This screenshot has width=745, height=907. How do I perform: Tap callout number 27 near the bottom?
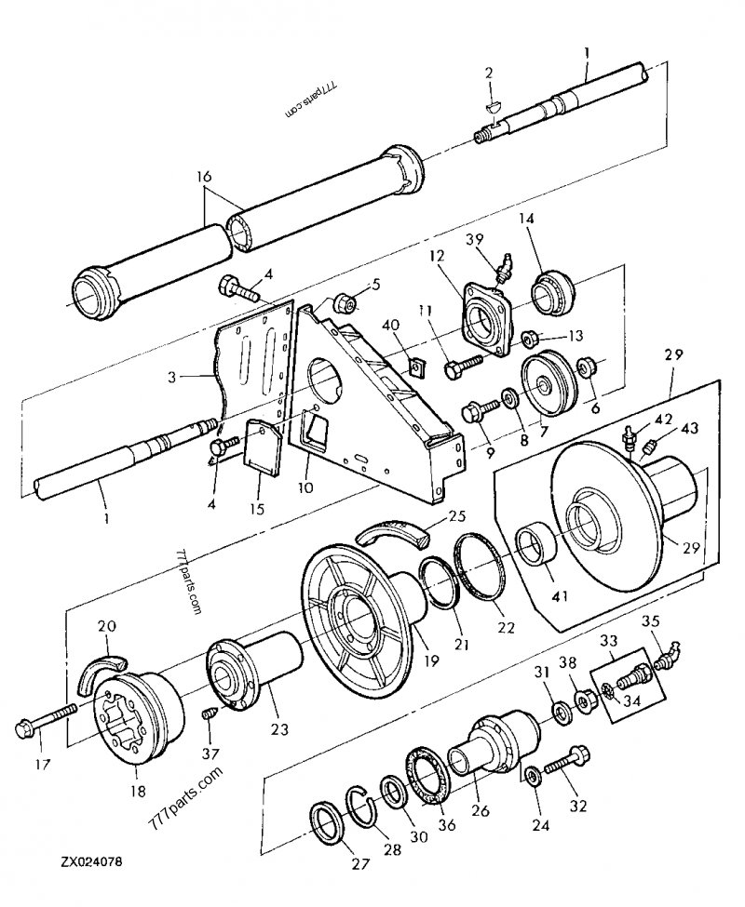(360, 863)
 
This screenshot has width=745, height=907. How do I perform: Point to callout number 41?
(561, 595)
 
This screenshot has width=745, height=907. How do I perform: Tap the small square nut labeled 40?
(416, 366)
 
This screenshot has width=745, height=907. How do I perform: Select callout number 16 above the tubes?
(204, 177)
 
